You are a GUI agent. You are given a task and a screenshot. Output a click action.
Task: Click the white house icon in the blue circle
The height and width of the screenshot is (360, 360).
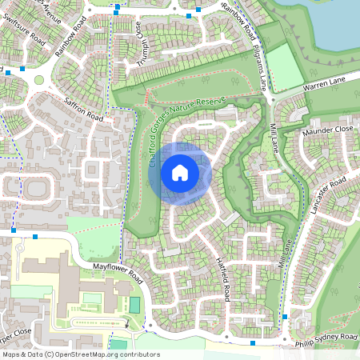(x=180, y=173)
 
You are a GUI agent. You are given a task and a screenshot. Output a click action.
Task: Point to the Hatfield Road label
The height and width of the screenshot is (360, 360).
(x=223, y=275)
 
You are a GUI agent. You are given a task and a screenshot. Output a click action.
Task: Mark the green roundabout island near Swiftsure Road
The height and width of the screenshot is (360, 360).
(x=38, y=79)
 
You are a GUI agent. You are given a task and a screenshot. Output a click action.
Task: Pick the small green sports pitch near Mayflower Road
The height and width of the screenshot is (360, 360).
(x=134, y=305)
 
